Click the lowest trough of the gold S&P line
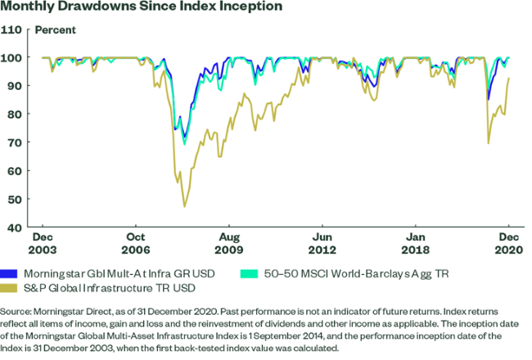(x=184, y=206)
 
